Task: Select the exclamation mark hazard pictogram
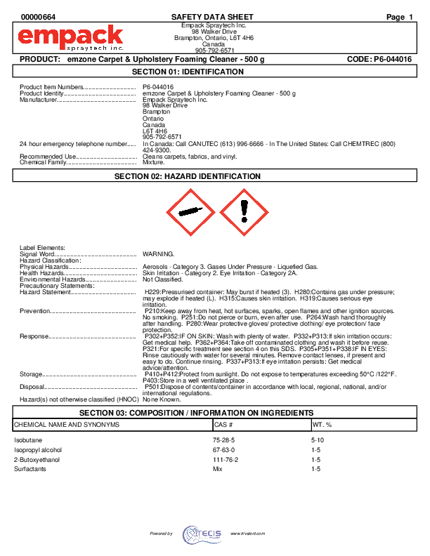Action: [x=243, y=211]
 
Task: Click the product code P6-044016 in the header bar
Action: [x=379, y=60]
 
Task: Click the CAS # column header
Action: [x=223, y=425]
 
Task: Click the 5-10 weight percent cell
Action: [x=318, y=439]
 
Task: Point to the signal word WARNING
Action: [x=158, y=253]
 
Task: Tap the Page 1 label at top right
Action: [x=400, y=17]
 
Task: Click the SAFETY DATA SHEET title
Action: [x=212, y=17]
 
